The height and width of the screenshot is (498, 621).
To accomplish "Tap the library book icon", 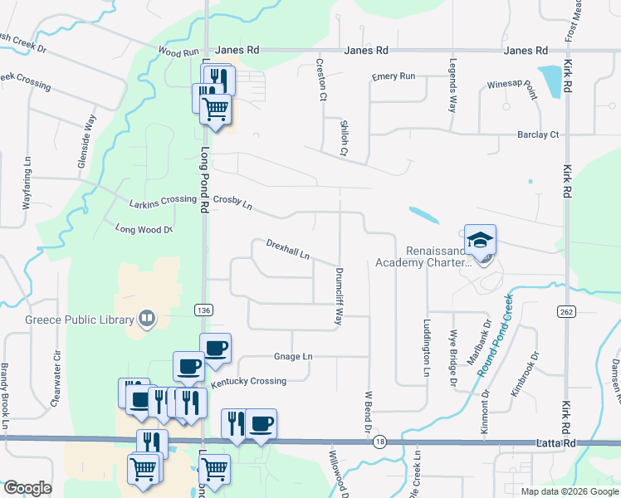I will (147, 319).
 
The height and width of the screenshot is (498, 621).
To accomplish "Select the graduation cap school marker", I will (480, 240).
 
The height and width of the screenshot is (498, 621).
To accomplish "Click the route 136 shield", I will (203, 310).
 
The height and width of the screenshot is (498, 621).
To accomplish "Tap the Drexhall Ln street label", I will (288, 248).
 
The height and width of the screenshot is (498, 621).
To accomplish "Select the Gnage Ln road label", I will (293, 357).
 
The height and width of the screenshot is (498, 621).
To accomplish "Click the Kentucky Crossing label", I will (248, 381).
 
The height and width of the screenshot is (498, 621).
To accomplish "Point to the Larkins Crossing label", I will (163, 201).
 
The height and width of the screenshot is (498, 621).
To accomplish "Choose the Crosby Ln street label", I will (232, 201).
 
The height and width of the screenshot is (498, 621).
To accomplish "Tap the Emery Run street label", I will (393, 76).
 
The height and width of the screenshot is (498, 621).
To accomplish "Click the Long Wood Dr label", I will (144, 229).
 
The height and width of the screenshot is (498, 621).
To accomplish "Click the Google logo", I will (27, 488).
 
